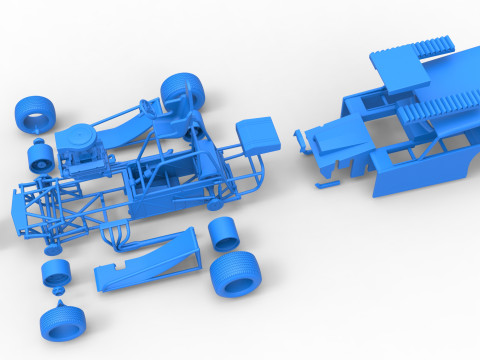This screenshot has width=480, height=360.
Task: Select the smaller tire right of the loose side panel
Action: coord(225,235)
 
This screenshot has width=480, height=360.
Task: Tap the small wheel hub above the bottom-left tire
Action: coord(55,272)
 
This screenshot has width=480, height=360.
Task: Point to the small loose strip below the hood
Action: coord(327,184)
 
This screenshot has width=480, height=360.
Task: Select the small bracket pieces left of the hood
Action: coord(299,141)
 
